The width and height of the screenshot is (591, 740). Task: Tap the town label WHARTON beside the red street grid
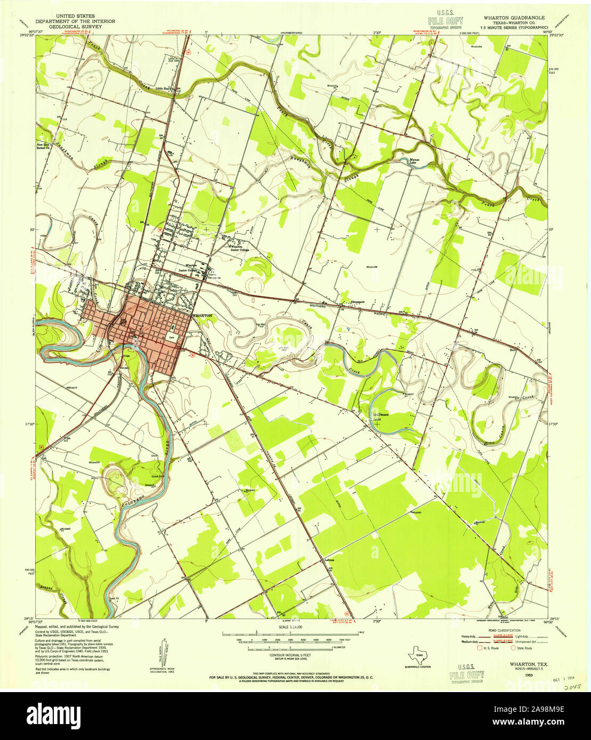coord(203,316)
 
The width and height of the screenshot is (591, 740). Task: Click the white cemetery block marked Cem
coord(172,337)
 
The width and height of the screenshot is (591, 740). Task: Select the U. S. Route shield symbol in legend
coord(480,647)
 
